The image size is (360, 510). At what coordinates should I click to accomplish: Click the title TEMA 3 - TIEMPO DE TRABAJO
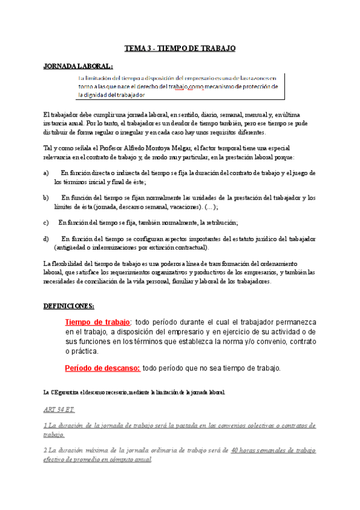(x=180, y=48)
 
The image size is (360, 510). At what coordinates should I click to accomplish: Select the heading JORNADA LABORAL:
(x=78, y=66)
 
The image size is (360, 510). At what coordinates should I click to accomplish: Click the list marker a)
(x=46, y=173)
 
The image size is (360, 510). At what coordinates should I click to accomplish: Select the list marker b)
(x=46, y=197)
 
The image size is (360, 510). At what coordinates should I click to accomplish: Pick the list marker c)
(x=46, y=222)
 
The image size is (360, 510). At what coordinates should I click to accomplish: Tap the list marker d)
(x=46, y=239)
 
